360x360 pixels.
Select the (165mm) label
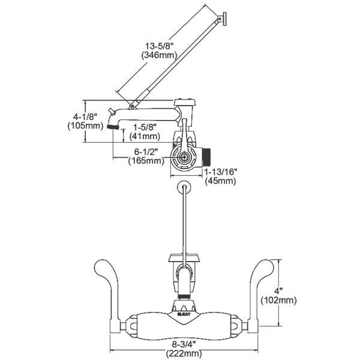(x=145, y=160)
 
